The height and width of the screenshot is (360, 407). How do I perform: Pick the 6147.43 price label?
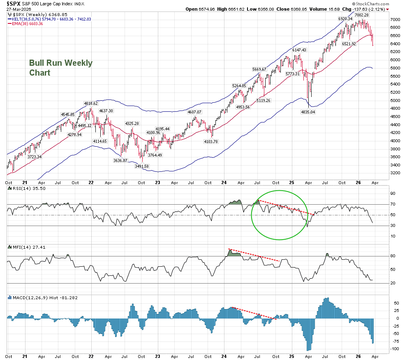coord(299,50)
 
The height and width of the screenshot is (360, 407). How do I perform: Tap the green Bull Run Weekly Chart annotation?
coord(60,68)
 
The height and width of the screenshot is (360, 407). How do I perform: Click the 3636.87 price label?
coord(120,160)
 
